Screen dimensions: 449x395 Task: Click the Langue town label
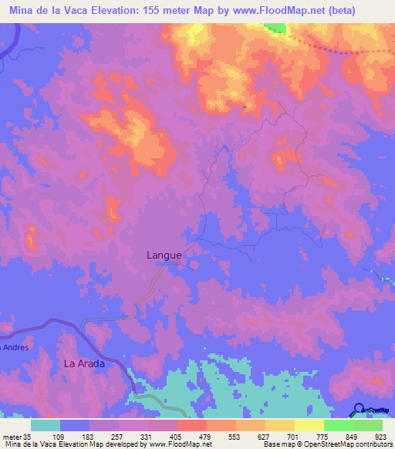tap(164, 255)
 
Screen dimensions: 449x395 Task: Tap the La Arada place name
tap(83, 363)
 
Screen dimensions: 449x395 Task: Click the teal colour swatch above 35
tap(46, 425)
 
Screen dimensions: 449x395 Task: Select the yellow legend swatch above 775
tap(309, 425)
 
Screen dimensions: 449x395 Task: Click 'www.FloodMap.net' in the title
tap(277, 11)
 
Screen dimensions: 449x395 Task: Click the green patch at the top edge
tap(275, 29)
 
